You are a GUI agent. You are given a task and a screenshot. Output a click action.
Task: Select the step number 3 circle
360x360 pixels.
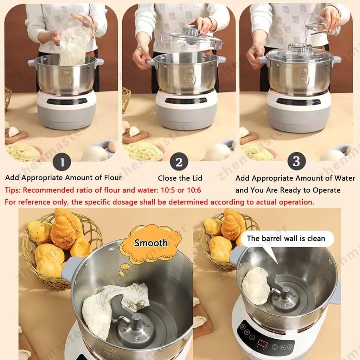296,161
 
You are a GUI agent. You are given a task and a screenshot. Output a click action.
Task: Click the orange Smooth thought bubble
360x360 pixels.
151,243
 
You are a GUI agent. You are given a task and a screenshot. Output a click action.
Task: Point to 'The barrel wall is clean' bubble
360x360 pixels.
286,239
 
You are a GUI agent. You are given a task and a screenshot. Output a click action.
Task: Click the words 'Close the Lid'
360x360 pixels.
180,178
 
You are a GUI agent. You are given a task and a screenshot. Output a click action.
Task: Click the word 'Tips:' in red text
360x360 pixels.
13,190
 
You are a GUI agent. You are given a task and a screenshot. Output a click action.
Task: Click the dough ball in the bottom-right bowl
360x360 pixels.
256,285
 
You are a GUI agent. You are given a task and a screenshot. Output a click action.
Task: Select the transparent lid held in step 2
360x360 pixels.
192,39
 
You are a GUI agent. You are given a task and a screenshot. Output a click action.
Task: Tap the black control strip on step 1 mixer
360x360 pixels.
67,101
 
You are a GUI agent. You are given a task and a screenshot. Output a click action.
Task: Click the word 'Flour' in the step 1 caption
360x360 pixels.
111,178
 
